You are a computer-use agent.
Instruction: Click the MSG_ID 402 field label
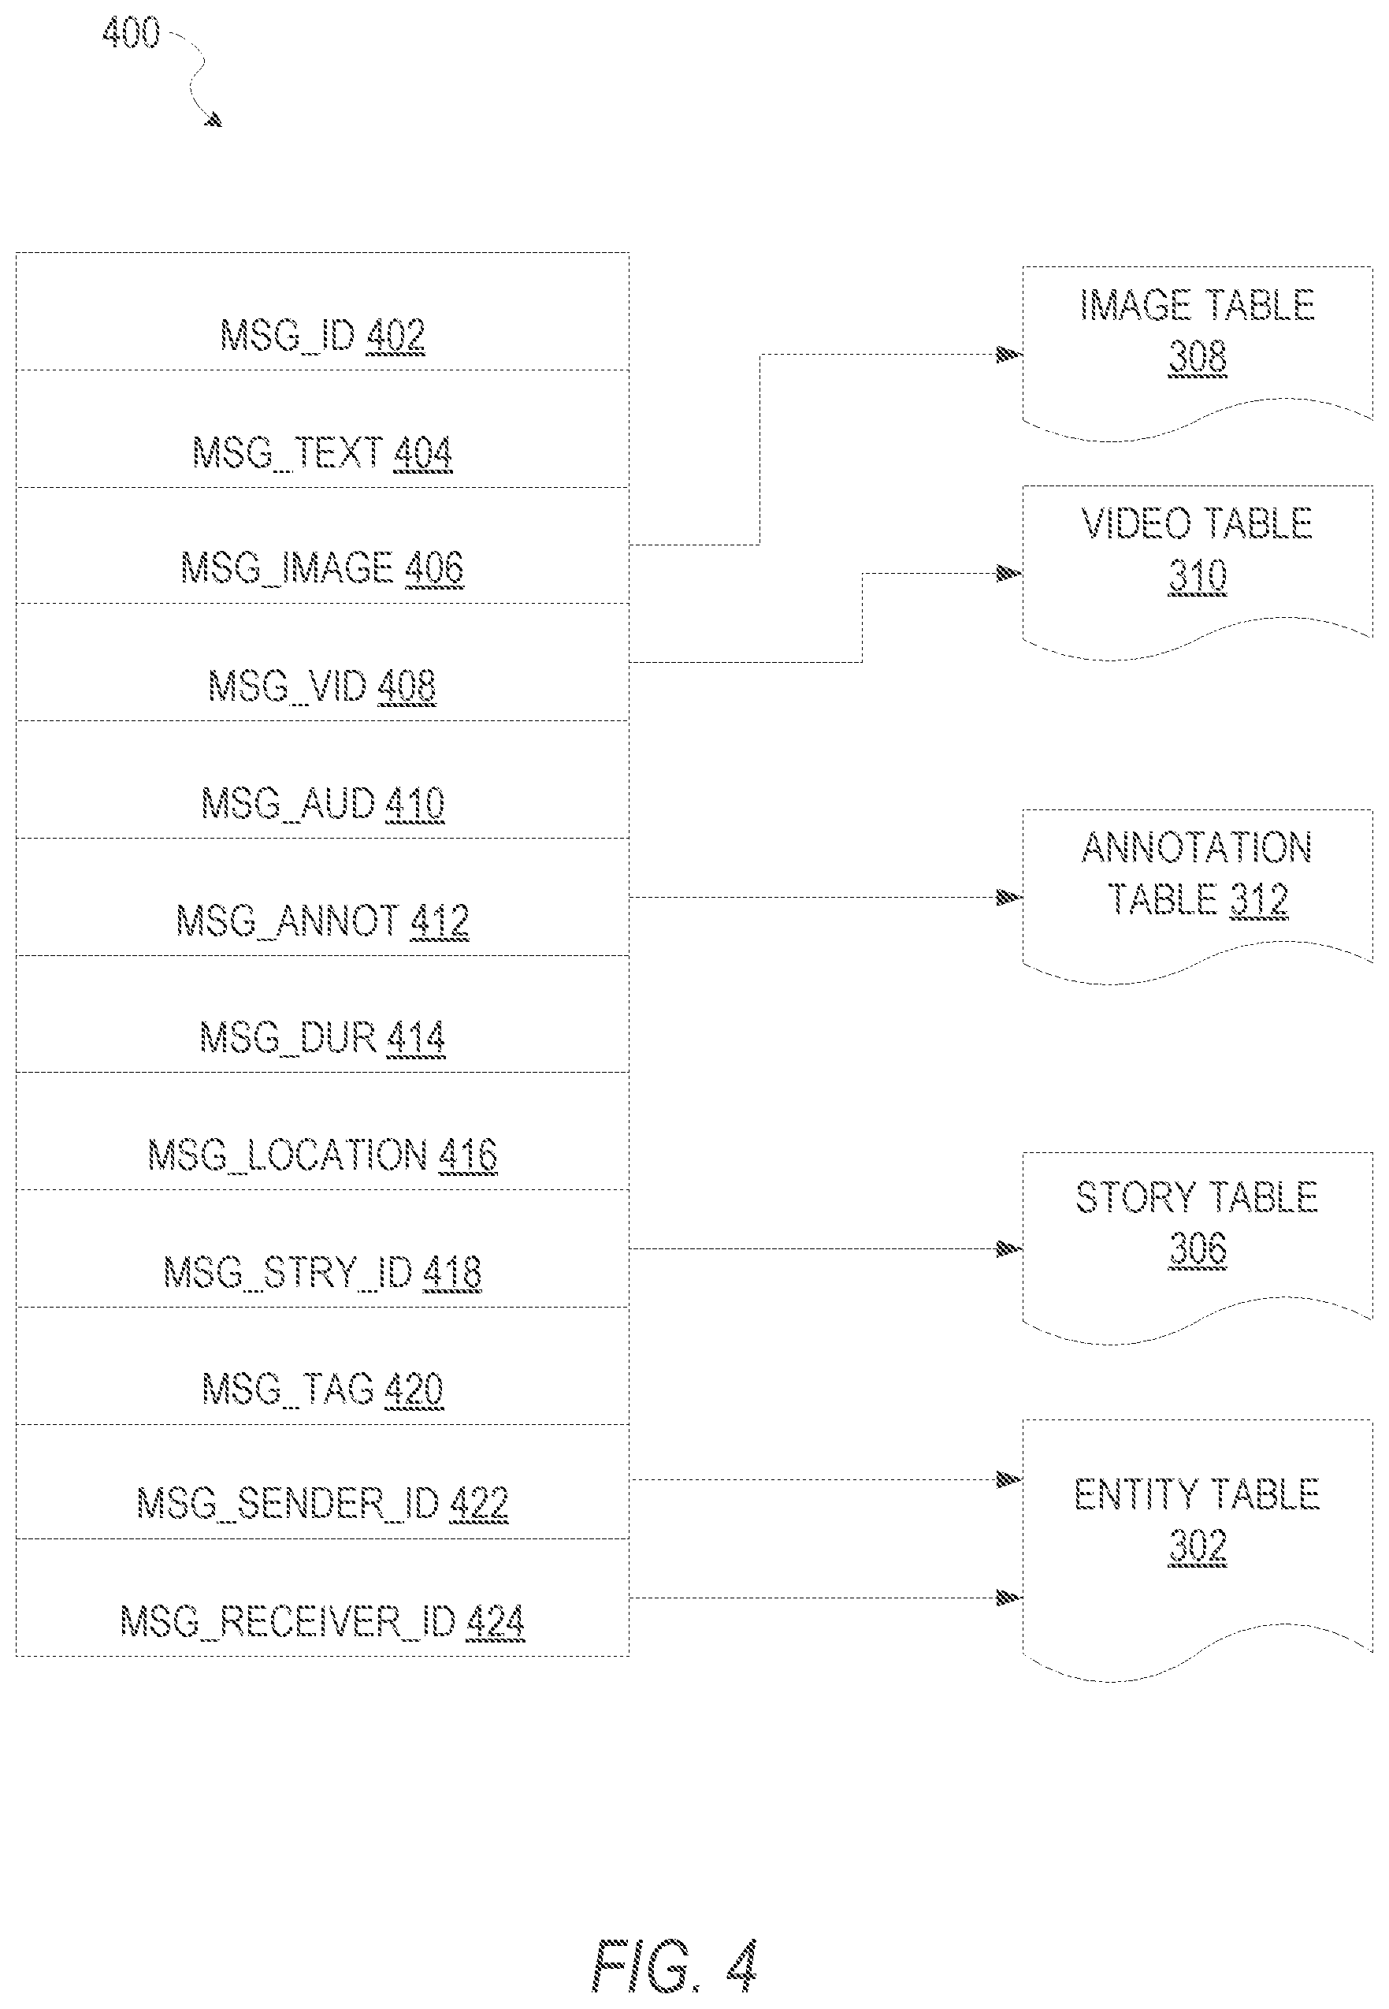[322, 335]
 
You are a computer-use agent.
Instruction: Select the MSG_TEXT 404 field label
[322, 452]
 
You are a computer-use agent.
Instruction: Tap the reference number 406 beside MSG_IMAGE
[434, 568]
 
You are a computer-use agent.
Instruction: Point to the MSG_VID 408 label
[322, 686]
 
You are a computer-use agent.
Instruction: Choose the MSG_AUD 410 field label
[322, 803]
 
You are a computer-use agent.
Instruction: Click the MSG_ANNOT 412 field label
[322, 921]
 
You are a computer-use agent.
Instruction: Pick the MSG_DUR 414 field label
[322, 1037]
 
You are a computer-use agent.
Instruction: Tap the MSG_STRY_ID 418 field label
[322, 1273]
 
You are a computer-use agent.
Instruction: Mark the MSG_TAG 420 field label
[322, 1390]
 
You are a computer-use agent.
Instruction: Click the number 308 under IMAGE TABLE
[1198, 357]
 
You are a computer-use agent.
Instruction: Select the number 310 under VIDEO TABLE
[1198, 576]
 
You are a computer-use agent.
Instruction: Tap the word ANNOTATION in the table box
[1197, 848]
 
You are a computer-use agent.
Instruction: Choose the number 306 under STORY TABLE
[1198, 1249]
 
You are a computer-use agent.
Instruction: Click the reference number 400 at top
[132, 33]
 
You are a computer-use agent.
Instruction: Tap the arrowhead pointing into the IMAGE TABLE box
[1009, 354]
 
